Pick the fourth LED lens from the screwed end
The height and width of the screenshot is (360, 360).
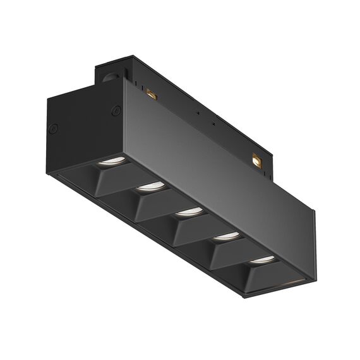click(225, 236)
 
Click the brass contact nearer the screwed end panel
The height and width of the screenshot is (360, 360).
click(151, 95)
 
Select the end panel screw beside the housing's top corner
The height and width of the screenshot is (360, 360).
click(116, 111)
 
